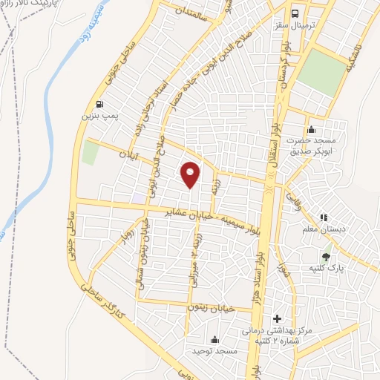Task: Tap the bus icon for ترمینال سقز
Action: coord(296,14)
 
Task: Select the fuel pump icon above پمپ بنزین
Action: coord(100,105)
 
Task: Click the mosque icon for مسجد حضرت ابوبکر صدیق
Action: coord(310,131)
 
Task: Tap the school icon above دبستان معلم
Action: coord(324,217)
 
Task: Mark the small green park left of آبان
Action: coord(91,152)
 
